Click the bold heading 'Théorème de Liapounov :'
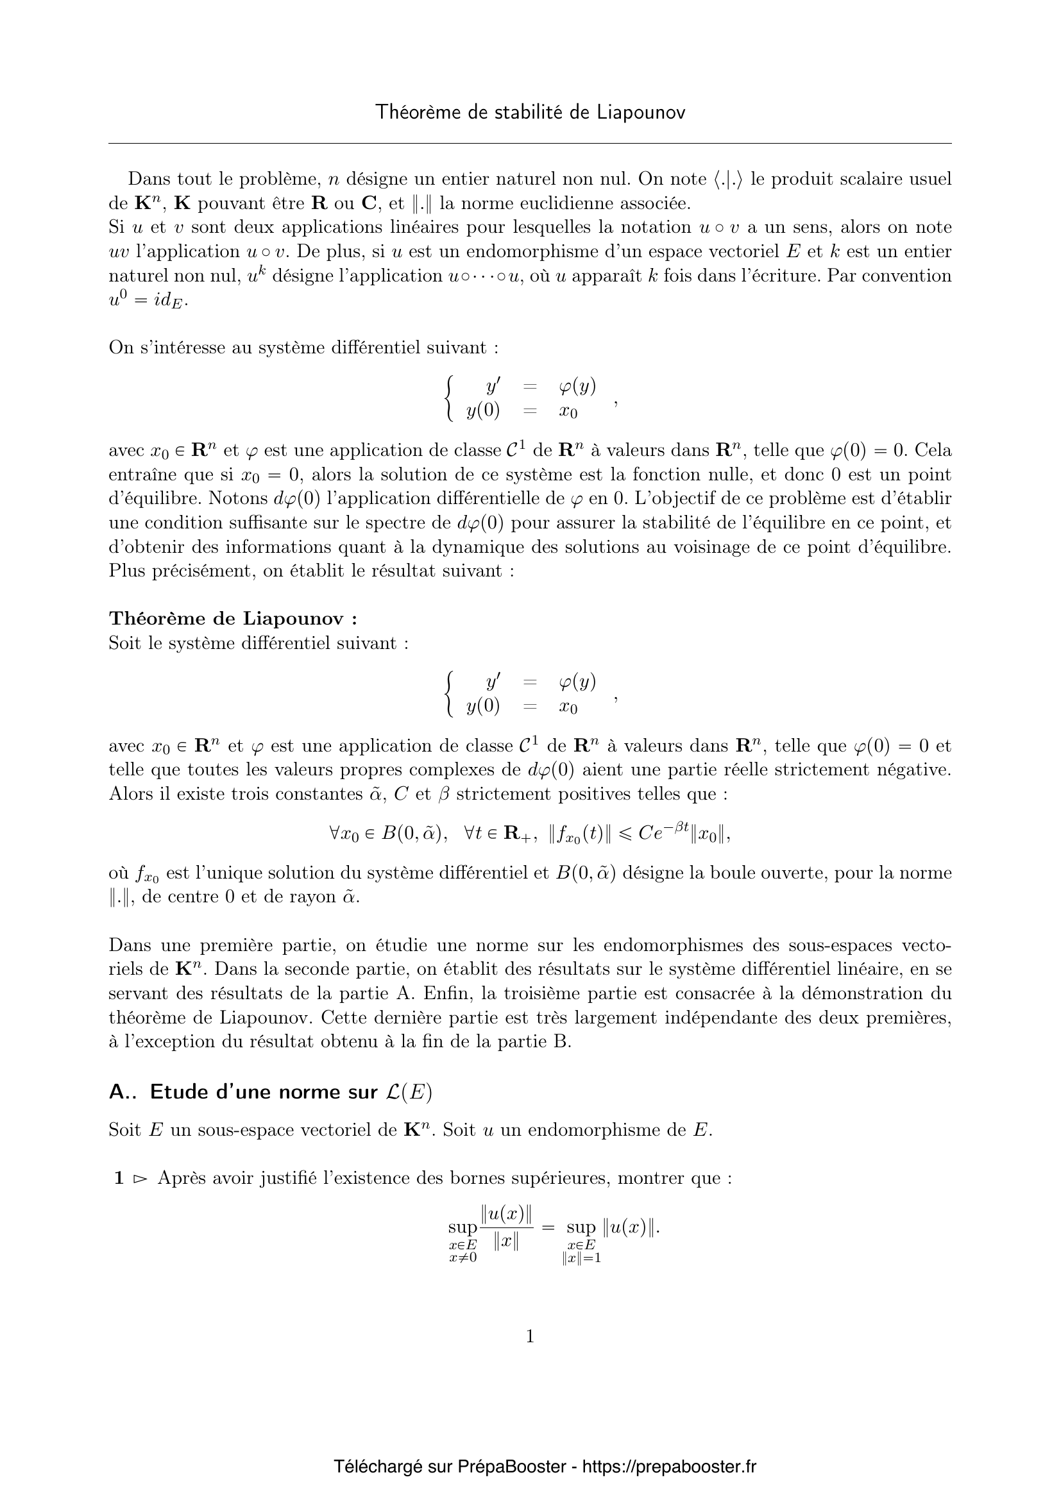click(x=233, y=618)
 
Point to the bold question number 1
click(x=119, y=1179)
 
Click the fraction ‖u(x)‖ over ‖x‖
click(x=506, y=1228)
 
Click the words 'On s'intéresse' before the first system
click(x=166, y=348)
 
